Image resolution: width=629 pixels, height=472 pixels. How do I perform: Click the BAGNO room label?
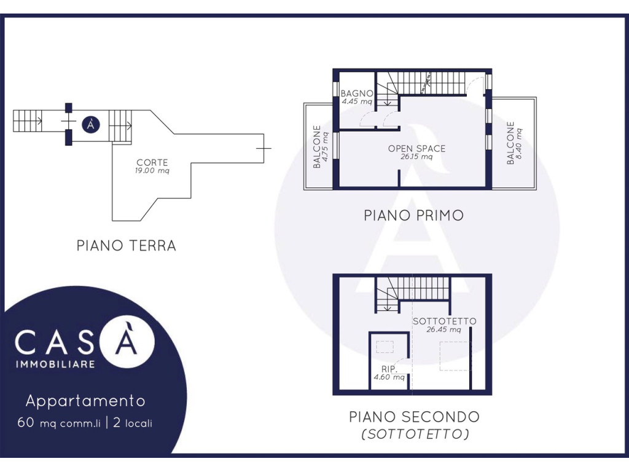[x=357, y=93]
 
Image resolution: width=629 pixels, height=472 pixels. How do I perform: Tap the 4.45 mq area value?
[x=357, y=101]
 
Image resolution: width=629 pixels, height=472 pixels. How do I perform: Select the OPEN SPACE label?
[x=417, y=149]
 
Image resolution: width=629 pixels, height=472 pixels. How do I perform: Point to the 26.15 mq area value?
[x=416, y=157]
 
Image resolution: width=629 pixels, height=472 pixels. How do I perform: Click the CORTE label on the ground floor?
[x=152, y=162]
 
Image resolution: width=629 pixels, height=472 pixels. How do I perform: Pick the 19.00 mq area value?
[x=152, y=171]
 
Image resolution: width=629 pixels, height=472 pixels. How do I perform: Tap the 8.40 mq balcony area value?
[x=518, y=143]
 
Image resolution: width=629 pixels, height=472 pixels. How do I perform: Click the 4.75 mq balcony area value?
[x=325, y=147]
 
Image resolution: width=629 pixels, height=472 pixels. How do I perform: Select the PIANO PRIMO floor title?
[x=413, y=216]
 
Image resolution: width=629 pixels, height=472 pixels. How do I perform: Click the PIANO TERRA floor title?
[x=127, y=246]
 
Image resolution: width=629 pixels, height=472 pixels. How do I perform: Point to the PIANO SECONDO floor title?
[x=415, y=417]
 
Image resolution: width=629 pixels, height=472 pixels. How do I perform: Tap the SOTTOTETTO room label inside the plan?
[x=445, y=321]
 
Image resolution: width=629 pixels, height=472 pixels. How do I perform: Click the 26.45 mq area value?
[x=443, y=329]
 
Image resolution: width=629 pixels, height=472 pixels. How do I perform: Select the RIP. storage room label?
[x=389, y=369]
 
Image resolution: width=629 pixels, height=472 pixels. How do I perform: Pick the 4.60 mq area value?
[x=389, y=377]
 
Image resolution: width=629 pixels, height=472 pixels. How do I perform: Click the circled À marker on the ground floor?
[x=91, y=125]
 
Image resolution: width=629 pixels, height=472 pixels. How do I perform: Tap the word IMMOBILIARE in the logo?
[x=55, y=364]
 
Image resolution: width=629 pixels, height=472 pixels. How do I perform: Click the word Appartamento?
[x=85, y=401]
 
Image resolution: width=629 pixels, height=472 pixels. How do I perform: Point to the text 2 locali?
[x=133, y=423]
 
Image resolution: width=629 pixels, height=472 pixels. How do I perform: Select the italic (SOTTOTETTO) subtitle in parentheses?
[x=415, y=435]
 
